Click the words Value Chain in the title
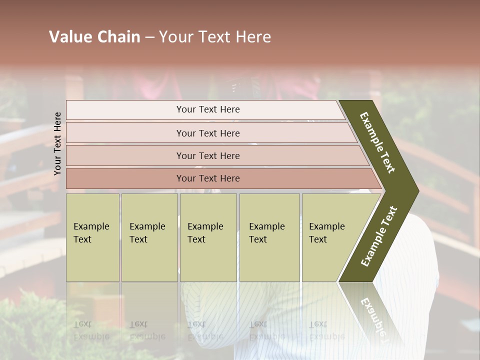point(94,37)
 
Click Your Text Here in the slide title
point(215,37)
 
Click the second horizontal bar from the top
point(208,133)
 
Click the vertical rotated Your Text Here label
point(57,143)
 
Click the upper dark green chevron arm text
point(377,142)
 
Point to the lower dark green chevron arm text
point(379,236)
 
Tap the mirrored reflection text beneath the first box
point(91,330)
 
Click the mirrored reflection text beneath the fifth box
point(327,330)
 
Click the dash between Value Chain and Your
point(149,37)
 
